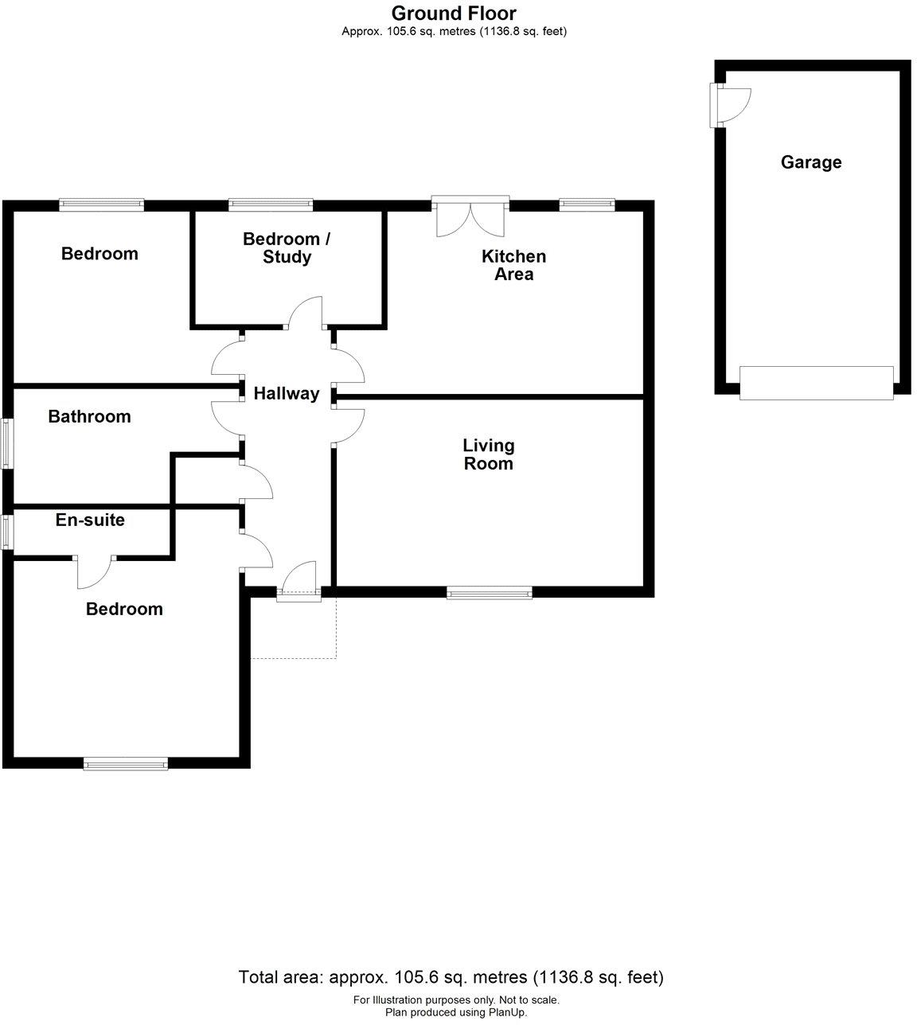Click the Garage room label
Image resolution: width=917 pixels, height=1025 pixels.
(810, 162)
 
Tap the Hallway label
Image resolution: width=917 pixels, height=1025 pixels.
(287, 393)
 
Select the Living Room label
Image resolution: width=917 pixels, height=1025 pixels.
(489, 454)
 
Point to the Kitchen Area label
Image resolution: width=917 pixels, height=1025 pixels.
(513, 265)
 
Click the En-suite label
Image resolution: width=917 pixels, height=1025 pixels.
(90, 520)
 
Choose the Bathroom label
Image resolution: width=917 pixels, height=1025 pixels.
(89, 417)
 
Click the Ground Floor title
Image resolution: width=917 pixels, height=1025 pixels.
(454, 13)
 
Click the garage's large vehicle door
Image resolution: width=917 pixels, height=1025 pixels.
(816, 382)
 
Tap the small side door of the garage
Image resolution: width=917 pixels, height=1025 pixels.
(729, 105)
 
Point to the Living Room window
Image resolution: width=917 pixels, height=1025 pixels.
(489, 592)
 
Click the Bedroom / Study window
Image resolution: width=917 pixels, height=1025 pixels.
(271, 205)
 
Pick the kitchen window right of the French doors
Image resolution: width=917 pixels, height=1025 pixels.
(587, 205)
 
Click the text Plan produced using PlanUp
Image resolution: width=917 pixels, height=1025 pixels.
(455, 1012)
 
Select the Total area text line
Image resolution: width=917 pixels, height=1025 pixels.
(451, 977)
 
